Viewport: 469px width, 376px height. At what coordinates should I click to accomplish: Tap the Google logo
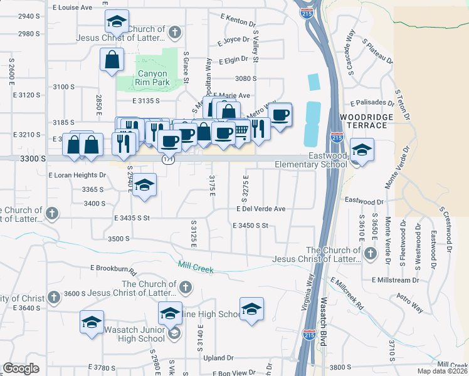21,368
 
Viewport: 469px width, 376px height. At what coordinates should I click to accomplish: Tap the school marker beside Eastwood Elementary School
361,150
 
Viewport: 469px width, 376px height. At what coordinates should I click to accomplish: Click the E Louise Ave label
73,8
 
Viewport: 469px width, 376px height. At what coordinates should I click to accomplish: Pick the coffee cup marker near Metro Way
281,115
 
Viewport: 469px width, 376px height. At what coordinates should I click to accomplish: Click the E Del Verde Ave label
261,209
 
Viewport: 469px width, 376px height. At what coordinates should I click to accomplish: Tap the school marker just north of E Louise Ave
116,22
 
